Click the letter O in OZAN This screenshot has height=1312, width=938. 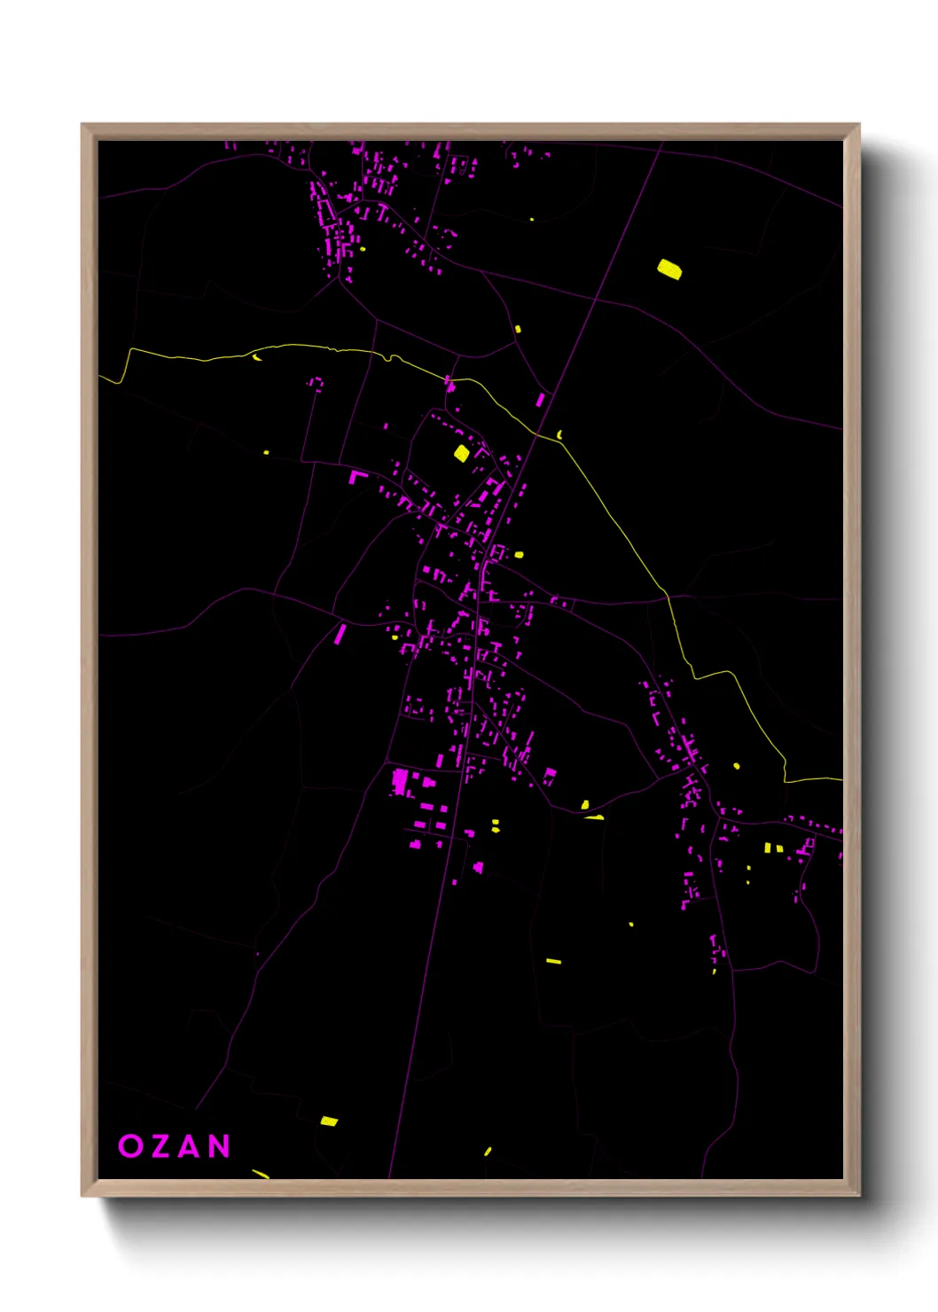tap(130, 1145)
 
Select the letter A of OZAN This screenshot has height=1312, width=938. tap(190, 1145)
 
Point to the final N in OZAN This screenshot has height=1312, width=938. tap(220, 1145)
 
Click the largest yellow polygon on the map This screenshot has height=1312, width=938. tap(669, 269)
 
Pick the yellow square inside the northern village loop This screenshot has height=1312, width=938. tap(461, 453)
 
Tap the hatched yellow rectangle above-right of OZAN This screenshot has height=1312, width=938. tap(329, 1121)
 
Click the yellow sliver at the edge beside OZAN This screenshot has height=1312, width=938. tap(260, 1174)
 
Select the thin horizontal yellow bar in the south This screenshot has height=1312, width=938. tap(553, 961)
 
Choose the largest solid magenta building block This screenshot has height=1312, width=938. tap(400, 781)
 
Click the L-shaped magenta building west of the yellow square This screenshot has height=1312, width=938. tap(356, 476)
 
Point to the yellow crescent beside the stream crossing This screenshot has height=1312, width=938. tap(559, 434)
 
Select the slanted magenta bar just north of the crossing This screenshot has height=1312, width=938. tap(540, 400)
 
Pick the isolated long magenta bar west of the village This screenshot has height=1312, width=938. tap(340, 634)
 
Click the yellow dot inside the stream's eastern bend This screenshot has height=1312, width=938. tap(737, 766)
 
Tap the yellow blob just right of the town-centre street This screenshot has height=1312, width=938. tap(519, 555)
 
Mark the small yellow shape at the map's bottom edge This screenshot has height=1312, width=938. tap(488, 1152)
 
